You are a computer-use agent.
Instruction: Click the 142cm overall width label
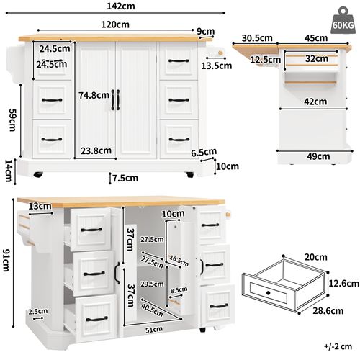[121, 6]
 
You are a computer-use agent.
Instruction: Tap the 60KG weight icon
[343, 20]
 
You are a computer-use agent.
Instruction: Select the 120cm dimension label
[115, 24]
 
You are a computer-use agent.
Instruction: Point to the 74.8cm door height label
[94, 96]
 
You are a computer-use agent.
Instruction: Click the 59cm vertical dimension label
[12, 120]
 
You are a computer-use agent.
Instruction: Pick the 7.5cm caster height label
[125, 178]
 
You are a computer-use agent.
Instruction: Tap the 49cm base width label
[318, 156]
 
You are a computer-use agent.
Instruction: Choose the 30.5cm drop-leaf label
[257, 38]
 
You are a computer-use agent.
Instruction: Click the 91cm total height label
[6, 260]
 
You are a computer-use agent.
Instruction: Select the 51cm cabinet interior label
[154, 330]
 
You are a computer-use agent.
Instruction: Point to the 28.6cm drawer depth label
[328, 311]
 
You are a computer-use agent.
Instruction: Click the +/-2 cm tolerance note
[338, 346]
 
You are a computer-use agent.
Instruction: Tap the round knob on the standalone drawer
[269, 293]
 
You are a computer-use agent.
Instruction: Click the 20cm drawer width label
[315, 257]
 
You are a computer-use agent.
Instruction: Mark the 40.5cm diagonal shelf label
[152, 310]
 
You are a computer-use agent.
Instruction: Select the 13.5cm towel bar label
[217, 66]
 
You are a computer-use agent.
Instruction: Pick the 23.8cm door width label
[96, 150]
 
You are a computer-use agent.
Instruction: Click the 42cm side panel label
[315, 102]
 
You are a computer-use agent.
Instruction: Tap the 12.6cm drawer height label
[344, 284]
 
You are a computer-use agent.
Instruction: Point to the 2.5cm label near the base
[38, 312]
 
